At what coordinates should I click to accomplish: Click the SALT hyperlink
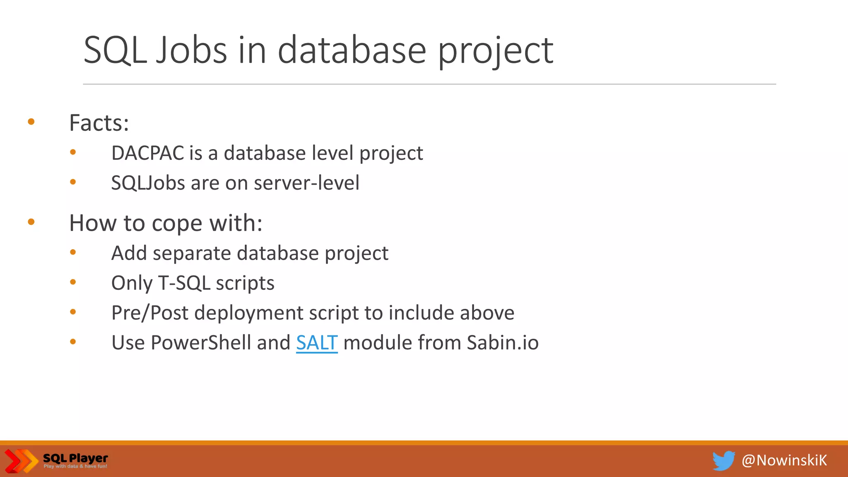(x=317, y=343)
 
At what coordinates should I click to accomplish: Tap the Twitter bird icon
(x=723, y=460)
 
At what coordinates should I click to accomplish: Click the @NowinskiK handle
(x=784, y=460)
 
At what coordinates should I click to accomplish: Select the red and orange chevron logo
(x=21, y=460)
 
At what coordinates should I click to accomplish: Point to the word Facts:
(x=99, y=123)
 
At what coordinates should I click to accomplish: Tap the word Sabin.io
(x=503, y=343)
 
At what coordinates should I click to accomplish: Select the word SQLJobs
(x=148, y=183)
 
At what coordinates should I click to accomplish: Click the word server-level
(x=306, y=183)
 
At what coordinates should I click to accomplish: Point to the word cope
(x=177, y=224)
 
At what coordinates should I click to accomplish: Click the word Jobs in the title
(x=191, y=51)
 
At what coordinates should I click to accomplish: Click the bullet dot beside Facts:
(x=31, y=122)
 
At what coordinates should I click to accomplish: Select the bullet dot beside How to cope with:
(x=31, y=222)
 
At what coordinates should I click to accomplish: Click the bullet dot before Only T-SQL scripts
(x=73, y=282)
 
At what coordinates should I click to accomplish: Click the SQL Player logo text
(x=75, y=459)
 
